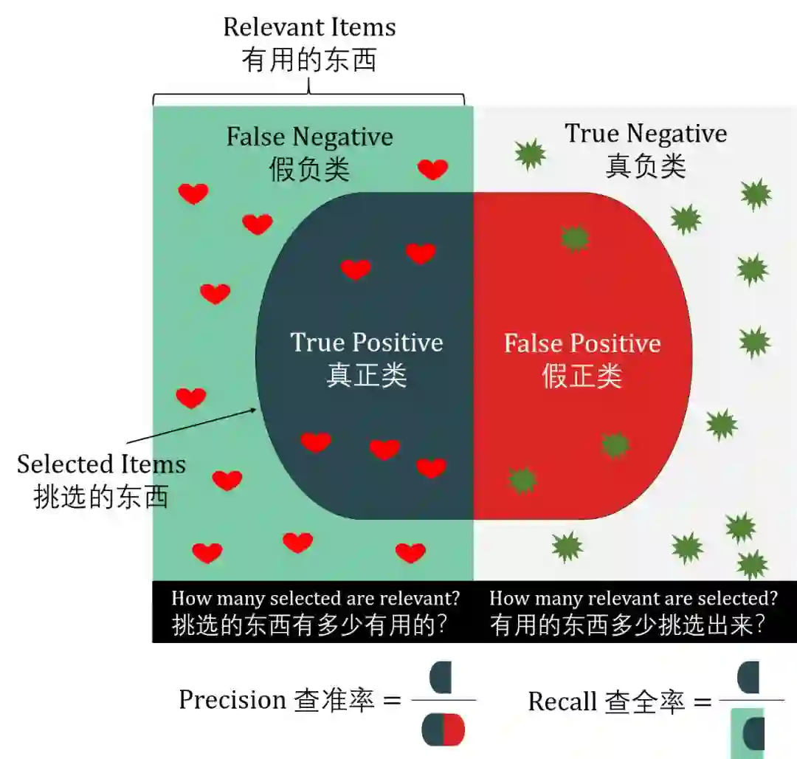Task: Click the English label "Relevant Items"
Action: click(309, 28)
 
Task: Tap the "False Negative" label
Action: click(309, 137)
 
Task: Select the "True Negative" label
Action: click(646, 134)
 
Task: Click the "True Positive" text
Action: click(366, 343)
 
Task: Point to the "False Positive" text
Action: click(582, 344)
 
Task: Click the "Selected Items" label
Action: click(101, 464)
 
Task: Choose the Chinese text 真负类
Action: click(646, 167)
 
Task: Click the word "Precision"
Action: click(232, 699)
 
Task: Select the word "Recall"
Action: click(562, 701)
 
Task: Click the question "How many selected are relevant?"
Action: click(316, 598)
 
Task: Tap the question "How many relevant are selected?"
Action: click(633, 598)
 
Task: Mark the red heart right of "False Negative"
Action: click(432, 169)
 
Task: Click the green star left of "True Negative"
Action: click(530, 154)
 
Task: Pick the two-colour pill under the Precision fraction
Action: click(444, 729)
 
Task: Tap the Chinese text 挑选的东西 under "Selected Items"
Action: click(101, 497)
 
